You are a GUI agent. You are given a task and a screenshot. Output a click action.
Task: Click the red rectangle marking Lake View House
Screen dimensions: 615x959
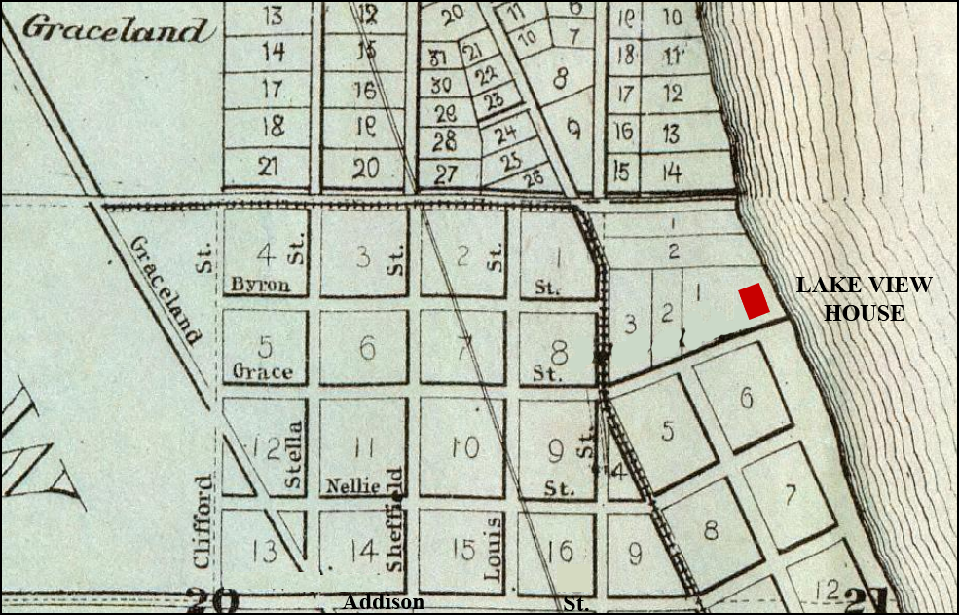pos(755,300)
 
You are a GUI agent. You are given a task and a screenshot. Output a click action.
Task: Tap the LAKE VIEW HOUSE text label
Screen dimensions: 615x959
pos(864,299)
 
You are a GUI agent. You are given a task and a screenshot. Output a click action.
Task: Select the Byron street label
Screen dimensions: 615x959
pos(260,285)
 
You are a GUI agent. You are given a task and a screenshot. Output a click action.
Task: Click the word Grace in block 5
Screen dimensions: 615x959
pos(262,371)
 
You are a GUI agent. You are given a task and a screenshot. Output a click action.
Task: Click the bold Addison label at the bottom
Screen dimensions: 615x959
pos(383,602)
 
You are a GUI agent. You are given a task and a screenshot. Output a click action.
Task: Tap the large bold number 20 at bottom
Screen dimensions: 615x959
pos(213,599)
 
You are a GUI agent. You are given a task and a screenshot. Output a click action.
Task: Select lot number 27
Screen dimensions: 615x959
pos(445,175)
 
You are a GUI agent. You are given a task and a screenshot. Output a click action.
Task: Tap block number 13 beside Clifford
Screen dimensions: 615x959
pos(265,552)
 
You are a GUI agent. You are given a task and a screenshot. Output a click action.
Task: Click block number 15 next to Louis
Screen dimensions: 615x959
pos(463,550)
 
